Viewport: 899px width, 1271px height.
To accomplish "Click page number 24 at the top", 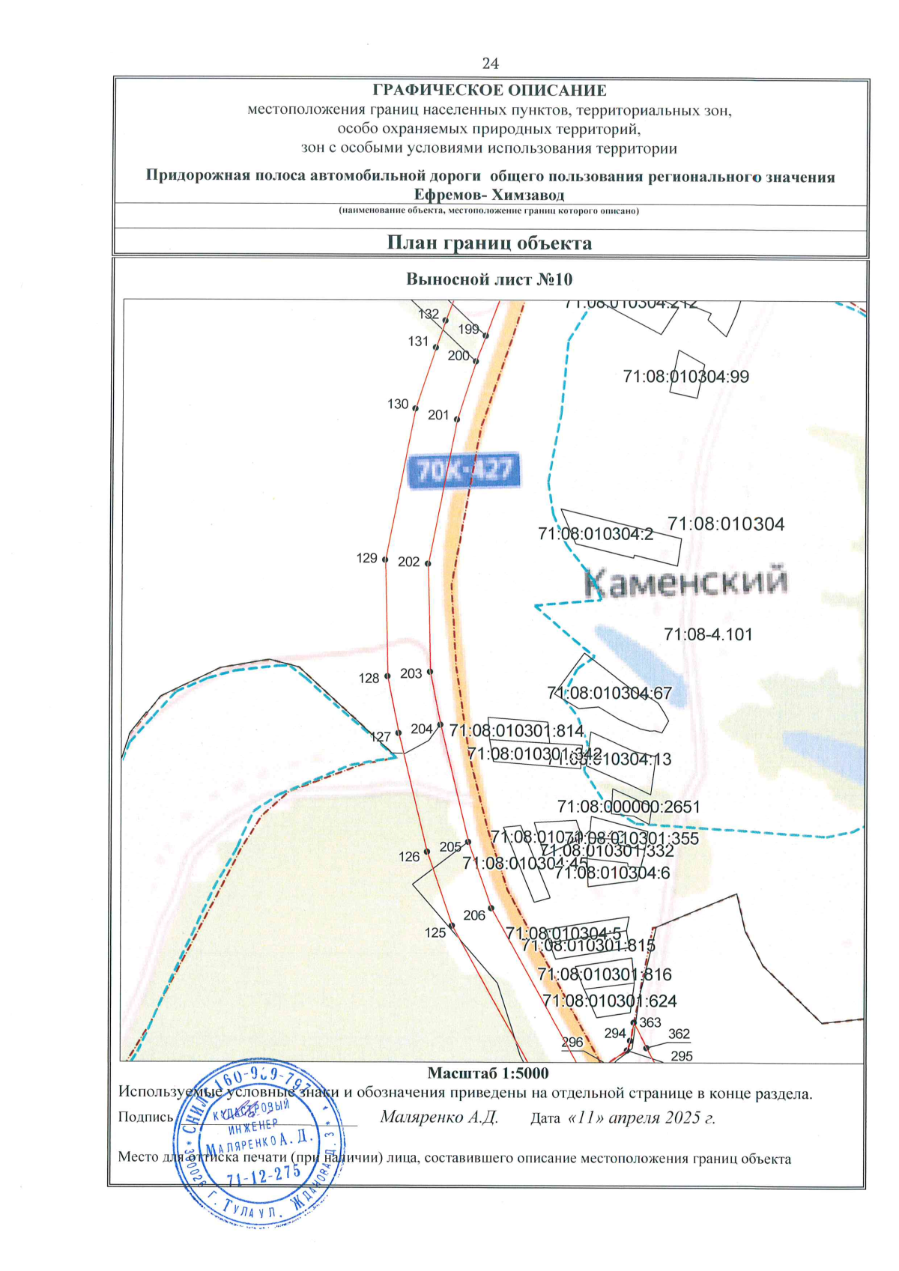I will coord(490,64).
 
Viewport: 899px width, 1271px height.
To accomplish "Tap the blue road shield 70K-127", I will coord(463,471).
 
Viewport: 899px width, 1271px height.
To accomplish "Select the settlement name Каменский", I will coord(685,582).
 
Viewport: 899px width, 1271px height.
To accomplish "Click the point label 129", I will coord(366,558).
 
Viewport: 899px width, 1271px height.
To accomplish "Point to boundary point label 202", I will coord(408,562).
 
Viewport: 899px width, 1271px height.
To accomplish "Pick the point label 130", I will coord(398,404).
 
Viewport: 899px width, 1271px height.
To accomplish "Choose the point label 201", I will coord(438,415).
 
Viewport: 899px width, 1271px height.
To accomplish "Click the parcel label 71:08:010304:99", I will coord(685,377).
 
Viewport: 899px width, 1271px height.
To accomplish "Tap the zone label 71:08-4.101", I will coord(708,634).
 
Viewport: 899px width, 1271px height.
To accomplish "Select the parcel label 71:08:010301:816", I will coord(605,974).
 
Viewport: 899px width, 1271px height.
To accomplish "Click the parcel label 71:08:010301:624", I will coord(609,1001).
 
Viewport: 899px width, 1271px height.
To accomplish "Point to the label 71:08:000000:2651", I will coord(629,807).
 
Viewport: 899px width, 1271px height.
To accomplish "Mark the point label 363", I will coord(650,1022).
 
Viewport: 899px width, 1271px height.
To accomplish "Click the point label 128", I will coord(369,679).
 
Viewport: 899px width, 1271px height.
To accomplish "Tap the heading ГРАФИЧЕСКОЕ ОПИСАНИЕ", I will coord(489,91).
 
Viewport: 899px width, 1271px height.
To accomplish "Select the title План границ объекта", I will coord(489,243).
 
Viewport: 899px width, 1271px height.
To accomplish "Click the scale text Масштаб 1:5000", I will coord(488,1073).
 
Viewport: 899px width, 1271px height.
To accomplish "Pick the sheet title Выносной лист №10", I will coord(489,279).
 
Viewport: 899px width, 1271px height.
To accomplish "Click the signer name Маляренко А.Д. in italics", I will coord(439,1117).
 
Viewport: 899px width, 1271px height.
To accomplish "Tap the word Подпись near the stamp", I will coord(145,1117).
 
